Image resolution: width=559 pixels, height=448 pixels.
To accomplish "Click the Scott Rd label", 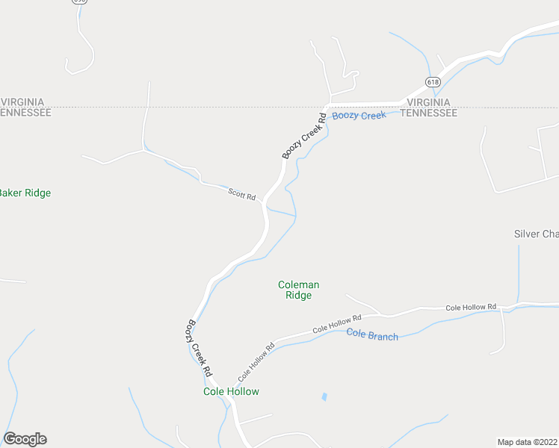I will point(242,194).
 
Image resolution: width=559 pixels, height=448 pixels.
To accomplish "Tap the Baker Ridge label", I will point(24,193).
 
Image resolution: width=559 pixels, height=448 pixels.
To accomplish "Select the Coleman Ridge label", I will point(298,290).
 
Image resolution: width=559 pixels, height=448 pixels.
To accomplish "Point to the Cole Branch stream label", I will point(372,335).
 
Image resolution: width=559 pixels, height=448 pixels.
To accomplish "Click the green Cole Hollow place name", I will point(231,391).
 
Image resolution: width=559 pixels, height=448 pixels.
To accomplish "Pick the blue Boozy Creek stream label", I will point(359,116).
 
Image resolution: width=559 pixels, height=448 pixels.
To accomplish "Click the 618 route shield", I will point(432,81).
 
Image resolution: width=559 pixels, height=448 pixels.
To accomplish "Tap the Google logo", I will point(25,439).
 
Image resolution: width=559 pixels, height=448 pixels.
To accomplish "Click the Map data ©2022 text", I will point(528,442).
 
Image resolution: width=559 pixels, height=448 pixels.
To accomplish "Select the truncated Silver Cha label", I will point(536,234).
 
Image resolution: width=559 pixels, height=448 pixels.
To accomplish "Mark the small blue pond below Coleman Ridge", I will point(324,396).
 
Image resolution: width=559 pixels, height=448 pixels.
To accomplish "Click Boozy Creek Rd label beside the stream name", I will point(305,135).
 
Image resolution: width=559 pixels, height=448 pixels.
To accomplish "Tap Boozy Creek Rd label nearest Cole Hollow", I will point(200,348).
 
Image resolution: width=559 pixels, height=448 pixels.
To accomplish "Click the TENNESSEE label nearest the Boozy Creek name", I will point(428,113).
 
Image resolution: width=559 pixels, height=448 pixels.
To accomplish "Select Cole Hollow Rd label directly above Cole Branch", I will point(336,324).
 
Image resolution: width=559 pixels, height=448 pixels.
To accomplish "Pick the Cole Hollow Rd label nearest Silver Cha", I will point(471,307).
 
